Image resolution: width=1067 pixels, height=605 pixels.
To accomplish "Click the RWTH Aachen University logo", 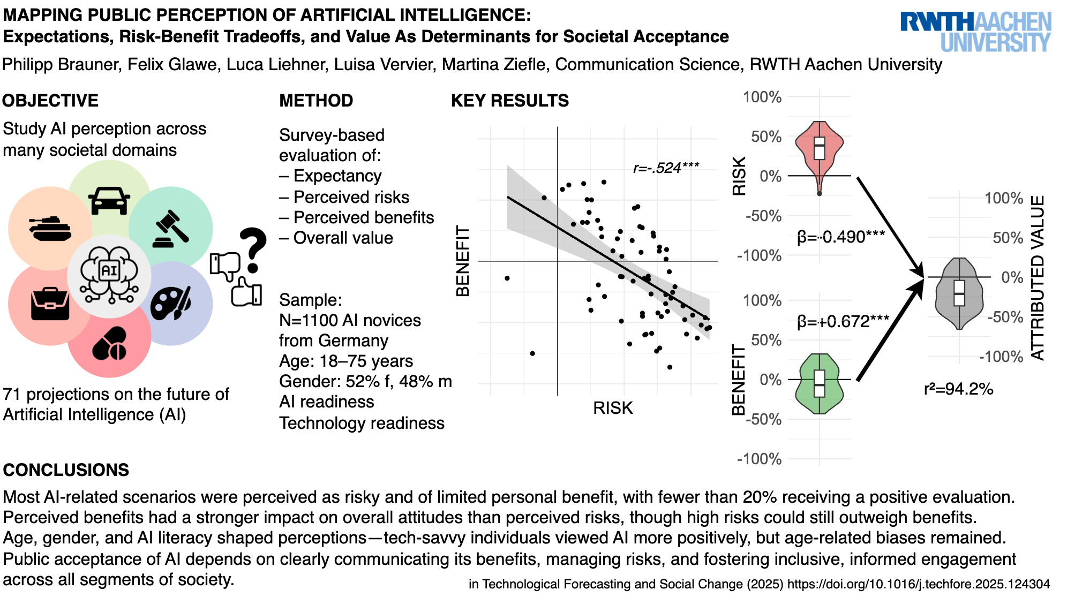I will pyautogui.click(x=975, y=32).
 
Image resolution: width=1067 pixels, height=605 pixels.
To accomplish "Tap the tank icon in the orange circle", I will pyautogui.click(x=50, y=229).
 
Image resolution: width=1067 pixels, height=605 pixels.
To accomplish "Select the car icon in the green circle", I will pyautogui.click(x=109, y=200).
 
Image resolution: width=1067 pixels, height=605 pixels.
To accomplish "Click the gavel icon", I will pyautogui.click(x=171, y=229).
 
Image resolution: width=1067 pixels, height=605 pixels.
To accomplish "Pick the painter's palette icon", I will pyautogui.click(x=170, y=304).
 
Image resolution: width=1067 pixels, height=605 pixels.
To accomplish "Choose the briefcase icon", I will pyautogui.click(x=50, y=304).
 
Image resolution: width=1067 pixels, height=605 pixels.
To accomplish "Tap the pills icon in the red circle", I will pyautogui.click(x=109, y=343).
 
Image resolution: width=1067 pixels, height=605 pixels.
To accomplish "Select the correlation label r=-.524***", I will pyautogui.click(x=666, y=168).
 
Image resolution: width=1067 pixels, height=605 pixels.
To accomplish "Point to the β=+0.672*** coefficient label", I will pyautogui.click(x=843, y=321).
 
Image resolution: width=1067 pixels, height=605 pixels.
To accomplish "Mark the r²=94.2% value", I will pyautogui.click(x=958, y=389).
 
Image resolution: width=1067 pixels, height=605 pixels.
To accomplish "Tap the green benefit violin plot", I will pyautogui.click(x=820, y=383).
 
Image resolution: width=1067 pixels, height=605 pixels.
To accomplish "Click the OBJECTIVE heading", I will pyautogui.click(x=50, y=101).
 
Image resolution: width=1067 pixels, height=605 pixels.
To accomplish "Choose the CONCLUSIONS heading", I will pyautogui.click(x=66, y=470).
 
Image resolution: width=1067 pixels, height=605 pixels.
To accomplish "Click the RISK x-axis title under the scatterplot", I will pyautogui.click(x=613, y=408).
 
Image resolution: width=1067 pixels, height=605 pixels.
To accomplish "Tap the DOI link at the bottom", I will pyautogui.click(x=918, y=584).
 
